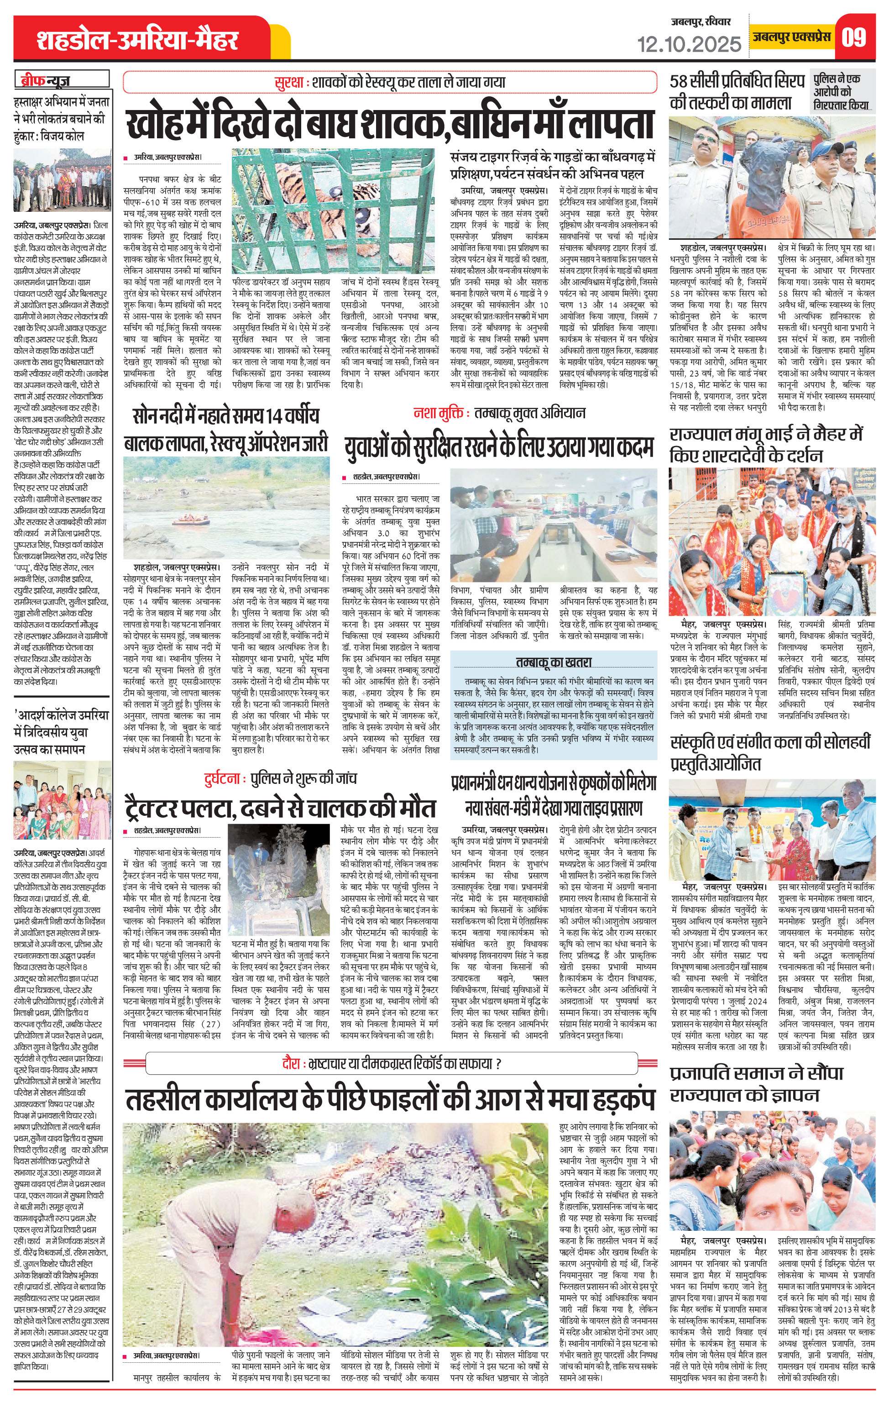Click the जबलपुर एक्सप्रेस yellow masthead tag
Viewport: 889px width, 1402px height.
click(791, 37)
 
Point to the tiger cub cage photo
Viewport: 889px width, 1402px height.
click(333, 207)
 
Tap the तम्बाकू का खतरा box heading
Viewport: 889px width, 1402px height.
click(553, 662)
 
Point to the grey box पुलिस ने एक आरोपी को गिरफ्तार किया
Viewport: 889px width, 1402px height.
click(842, 92)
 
